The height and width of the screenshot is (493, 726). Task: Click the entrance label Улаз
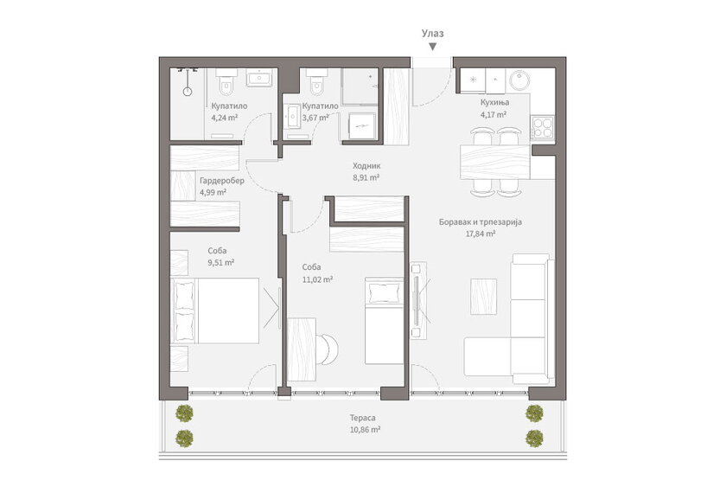pyautogui.click(x=432, y=34)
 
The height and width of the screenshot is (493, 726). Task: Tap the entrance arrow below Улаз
pyautogui.click(x=433, y=47)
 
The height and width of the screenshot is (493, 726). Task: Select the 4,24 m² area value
pyautogui.click(x=225, y=118)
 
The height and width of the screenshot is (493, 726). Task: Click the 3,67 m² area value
pyautogui.click(x=315, y=118)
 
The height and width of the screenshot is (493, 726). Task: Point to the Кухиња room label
pyautogui.click(x=494, y=102)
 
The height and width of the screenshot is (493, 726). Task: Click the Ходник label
pyautogui.click(x=366, y=165)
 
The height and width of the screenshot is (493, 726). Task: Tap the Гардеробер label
pyautogui.click(x=222, y=181)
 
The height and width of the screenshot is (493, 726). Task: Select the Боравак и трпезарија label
pyautogui.click(x=481, y=222)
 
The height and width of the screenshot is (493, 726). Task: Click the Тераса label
pyautogui.click(x=362, y=418)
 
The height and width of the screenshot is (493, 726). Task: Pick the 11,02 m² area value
pyautogui.click(x=318, y=279)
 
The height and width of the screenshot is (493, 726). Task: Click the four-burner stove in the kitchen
pyautogui.click(x=542, y=127)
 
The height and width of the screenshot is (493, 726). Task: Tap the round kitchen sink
pyautogui.click(x=519, y=80)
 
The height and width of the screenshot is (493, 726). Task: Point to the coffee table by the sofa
pyautogui.click(x=483, y=297)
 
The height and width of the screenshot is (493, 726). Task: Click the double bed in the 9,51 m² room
pyautogui.click(x=214, y=311)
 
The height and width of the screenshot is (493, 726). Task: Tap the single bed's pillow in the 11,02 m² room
pyautogui.click(x=385, y=293)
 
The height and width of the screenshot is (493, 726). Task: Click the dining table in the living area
pyautogui.click(x=495, y=163)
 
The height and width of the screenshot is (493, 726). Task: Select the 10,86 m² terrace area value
pyautogui.click(x=366, y=430)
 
